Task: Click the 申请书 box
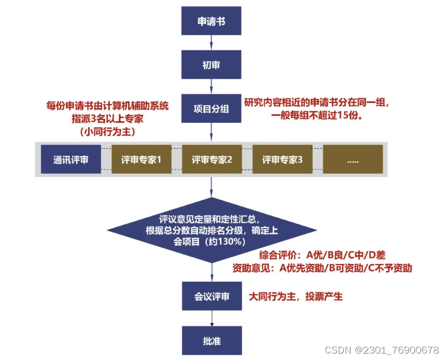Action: pos(211,22)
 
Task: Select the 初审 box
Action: pos(211,65)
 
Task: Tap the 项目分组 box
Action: pos(211,109)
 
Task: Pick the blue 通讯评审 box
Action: pos(71,159)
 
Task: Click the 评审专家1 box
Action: pos(141,159)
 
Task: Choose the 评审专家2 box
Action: pos(212,159)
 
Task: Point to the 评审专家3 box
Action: pos(282,159)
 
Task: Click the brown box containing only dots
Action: pos(353,159)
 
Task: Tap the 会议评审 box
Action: pos(211,296)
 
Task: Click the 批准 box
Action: pos(211,341)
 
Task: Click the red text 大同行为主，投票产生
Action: pos(296,296)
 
